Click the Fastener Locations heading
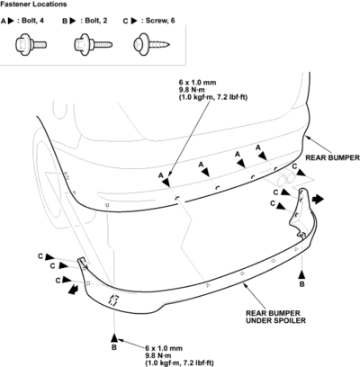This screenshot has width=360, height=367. pyautogui.click(x=33, y=4)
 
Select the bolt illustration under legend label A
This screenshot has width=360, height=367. pyautogui.click(x=31, y=45)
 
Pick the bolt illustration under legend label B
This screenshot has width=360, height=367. pyautogui.click(x=94, y=45)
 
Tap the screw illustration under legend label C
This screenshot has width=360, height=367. pyautogui.click(x=152, y=45)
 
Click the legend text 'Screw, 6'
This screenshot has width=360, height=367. pyautogui.click(x=160, y=21)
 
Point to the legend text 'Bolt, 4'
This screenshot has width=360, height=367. pyautogui.click(x=32, y=21)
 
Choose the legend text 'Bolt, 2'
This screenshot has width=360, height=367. pyautogui.click(x=96, y=21)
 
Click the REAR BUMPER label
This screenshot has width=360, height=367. pyautogui.click(x=332, y=157)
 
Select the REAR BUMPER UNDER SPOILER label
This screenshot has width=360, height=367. pyautogui.click(x=275, y=317)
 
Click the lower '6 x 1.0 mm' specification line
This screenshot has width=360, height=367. pyautogui.click(x=164, y=348)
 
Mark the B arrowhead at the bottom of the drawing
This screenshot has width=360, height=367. pyautogui.click(x=114, y=338)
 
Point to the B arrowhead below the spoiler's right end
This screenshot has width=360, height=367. pyautogui.click(x=301, y=274)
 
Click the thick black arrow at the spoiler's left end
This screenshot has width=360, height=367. pyautogui.click(x=73, y=290)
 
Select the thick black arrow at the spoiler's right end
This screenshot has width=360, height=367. pyautogui.click(x=318, y=199)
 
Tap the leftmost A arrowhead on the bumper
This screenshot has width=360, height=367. pyautogui.click(x=166, y=182)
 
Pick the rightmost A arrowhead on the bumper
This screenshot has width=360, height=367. pyautogui.click(x=263, y=156)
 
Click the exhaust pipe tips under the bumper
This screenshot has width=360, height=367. pyautogui.click(x=285, y=179)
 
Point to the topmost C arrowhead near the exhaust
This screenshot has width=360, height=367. pyautogui.click(x=301, y=173)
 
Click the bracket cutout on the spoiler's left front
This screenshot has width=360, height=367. pyautogui.click(x=113, y=300)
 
